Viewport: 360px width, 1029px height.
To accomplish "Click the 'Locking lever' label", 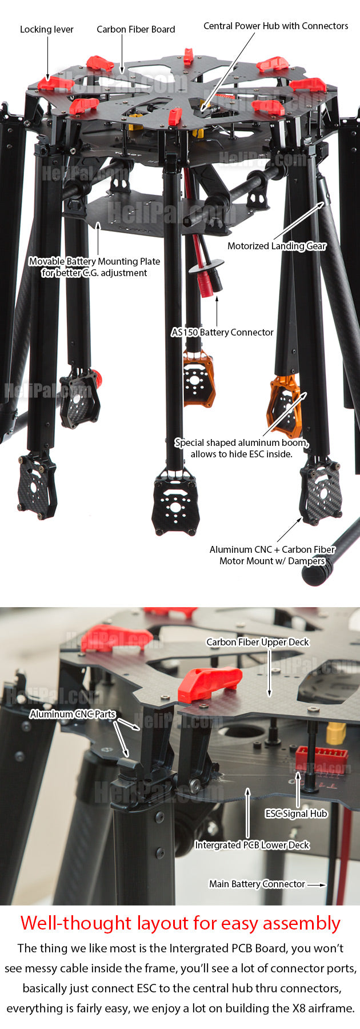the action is click(x=47, y=29).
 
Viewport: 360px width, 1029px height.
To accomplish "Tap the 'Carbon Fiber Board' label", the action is click(x=136, y=29).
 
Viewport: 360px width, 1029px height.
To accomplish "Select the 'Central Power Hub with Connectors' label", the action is click(x=276, y=26).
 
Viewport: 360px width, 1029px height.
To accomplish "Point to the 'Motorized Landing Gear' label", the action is click(x=277, y=246).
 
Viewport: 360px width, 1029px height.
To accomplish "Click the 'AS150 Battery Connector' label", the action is click(x=222, y=332).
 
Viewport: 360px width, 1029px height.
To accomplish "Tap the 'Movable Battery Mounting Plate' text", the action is click(x=94, y=261).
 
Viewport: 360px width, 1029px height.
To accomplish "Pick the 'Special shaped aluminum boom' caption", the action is click(x=242, y=442).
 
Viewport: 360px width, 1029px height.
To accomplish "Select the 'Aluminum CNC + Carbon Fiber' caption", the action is click(x=272, y=549).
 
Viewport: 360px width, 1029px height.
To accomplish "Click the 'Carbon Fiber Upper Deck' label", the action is click(x=258, y=642).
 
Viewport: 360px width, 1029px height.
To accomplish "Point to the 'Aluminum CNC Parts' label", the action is click(x=73, y=714).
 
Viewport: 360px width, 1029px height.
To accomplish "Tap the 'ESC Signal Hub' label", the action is click(x=296, y=813).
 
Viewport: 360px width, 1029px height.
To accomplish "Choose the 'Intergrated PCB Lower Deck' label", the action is click(x=252, y=845).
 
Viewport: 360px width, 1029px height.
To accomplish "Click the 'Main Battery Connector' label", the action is click(x=257, y=884).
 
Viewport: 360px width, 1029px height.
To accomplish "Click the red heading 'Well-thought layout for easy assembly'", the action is click(x=180, y=923).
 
